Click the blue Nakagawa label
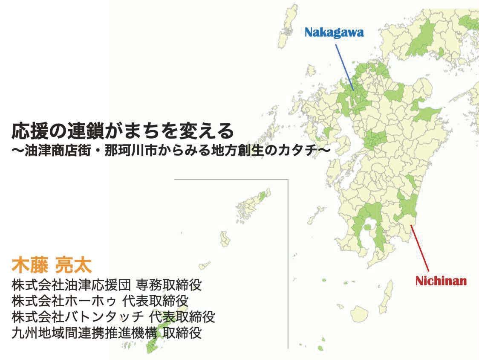(x=334, y=33)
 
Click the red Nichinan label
(x=441, y=281)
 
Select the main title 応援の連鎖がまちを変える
(x=123, y=131)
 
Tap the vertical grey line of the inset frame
(x=288, y=264)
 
